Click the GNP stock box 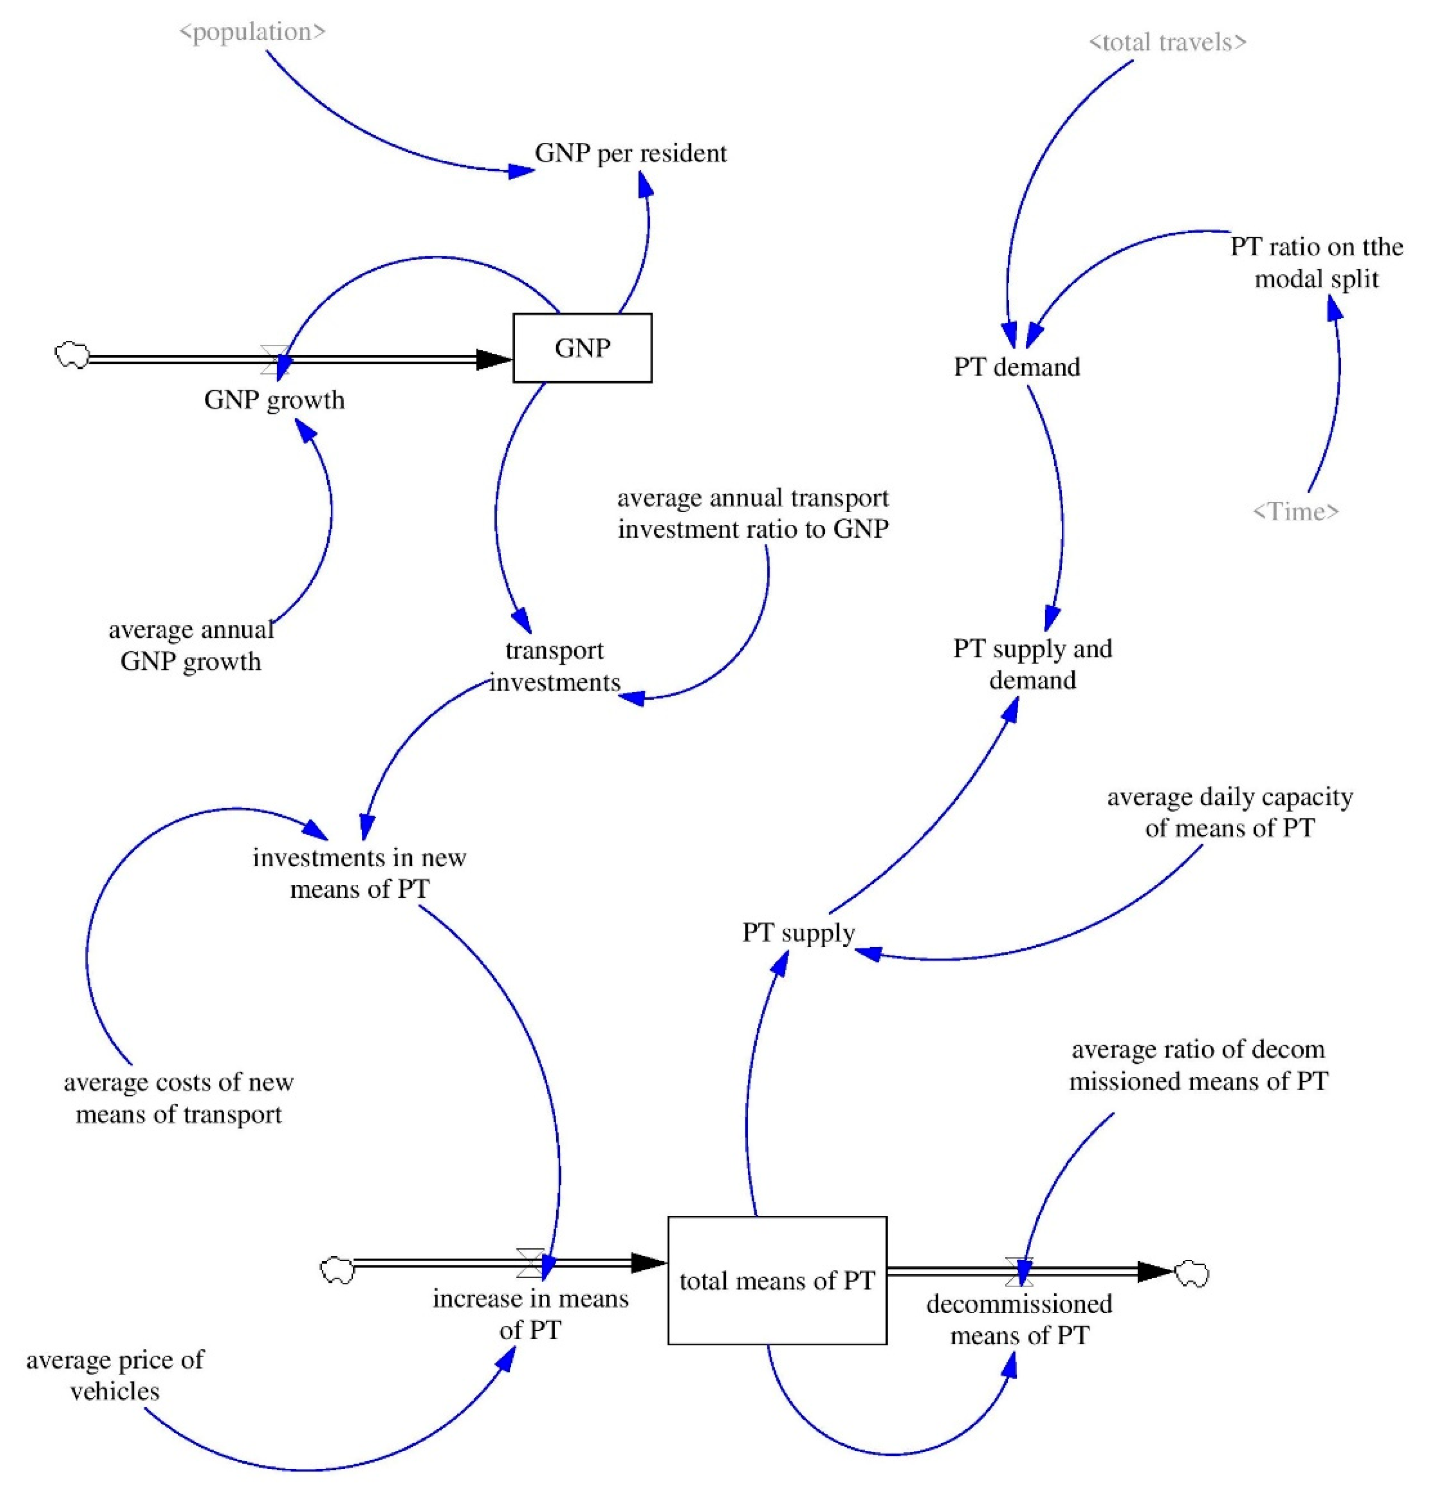(x=582, y=348)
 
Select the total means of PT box (x=777, y=1280)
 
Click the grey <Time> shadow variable (x=1295, y=511)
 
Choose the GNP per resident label (x=630, y=153)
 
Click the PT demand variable (x=1017, y=366)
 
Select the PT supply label (x=798, y=932)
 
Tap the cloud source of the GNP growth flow (x=72, y=355)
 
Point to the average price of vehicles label (x=115, y=1375)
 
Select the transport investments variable (x=554, y=666)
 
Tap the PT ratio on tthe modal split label (x=1317, y=262)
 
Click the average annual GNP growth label (x=191, y=645)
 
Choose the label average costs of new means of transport (x=179, y=1098)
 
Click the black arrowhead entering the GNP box (x=494, y=359)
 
